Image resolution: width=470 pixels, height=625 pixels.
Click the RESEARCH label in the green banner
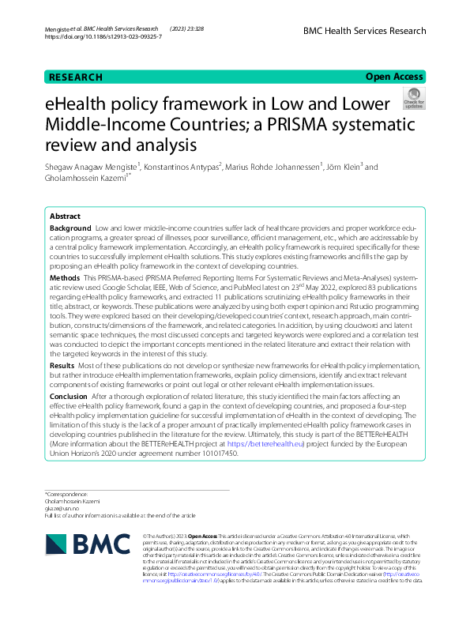coord(76,77)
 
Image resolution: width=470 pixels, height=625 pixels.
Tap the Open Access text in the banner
coord(394,77)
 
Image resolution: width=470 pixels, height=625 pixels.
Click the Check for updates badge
coord(413,100)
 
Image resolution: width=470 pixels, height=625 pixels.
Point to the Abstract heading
coord(65,216)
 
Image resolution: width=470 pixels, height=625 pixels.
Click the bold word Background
coord(70,228)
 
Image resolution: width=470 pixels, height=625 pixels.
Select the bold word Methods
coord(64,279)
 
